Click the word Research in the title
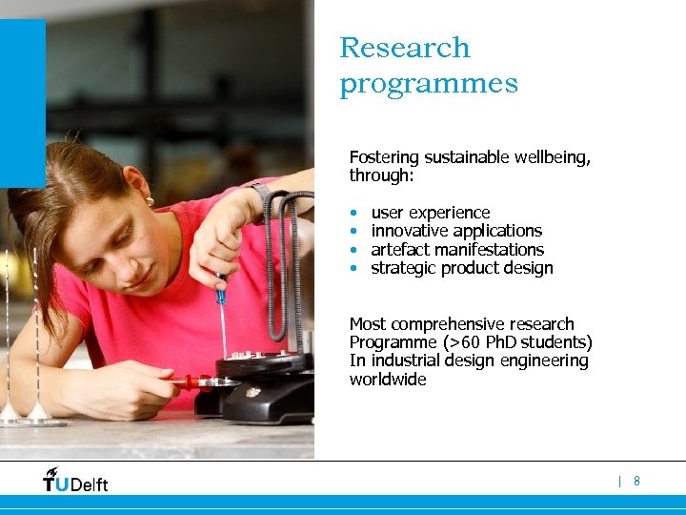tap(405, 48)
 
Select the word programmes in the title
tap(429, 85)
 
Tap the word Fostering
tap(382, 157)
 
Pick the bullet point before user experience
tap(353, 214)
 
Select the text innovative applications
tap(456, 231)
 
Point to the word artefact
tap(399, 250)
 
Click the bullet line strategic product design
tap(461, 268)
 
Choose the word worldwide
tap(388, 380)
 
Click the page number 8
tap(636, 482)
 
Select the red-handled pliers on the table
tap(191, 383)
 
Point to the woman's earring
tap(150, 201)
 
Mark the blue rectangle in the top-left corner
tap(22, 103)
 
